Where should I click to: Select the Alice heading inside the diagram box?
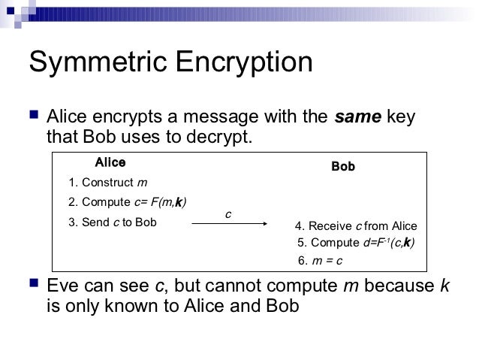tap(110, 162)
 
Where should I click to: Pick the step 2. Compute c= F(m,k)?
tap(127, 202)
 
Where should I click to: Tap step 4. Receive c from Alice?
tap(356, 226)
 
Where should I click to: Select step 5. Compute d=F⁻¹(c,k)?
tap(356, 244)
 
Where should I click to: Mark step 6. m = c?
tap(321, 261)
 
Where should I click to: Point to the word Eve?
tap(63, 286)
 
